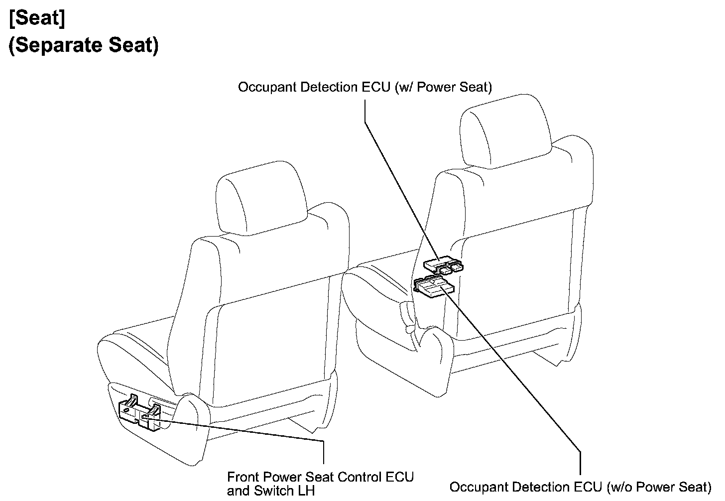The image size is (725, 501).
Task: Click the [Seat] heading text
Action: click(37, 19)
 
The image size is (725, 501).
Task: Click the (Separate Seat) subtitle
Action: click(84, 45)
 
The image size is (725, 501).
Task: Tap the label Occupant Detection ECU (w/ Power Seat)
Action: click(364, 87)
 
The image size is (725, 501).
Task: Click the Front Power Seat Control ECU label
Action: click(320, 477)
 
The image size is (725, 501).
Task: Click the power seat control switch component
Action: click(139, 413)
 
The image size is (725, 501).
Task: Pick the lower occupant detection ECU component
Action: click(434, 287)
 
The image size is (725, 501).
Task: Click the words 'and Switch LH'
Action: click(271, 491)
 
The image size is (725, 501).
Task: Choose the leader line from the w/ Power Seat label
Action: click(393, 174)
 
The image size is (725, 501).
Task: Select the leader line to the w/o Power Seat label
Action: click(523, 388)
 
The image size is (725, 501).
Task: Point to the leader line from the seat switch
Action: click(249, 431)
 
